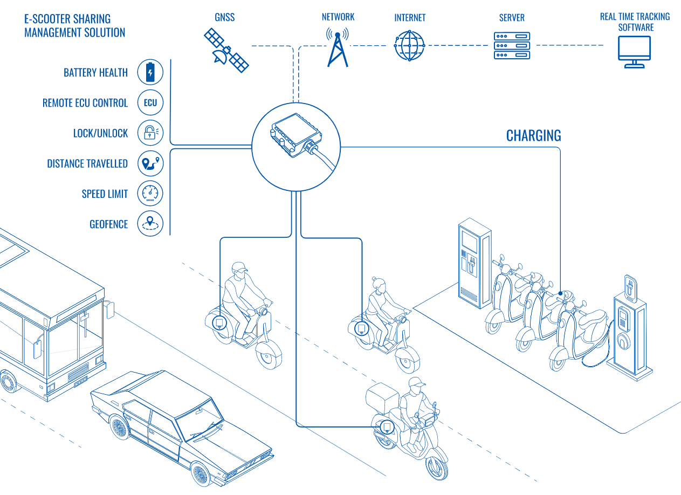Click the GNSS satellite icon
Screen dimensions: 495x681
[x=226, y=50]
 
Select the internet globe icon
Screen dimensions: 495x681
[x=410, y=46]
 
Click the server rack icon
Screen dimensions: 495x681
[x=512, y=46]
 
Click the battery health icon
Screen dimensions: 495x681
[x=150, y=72]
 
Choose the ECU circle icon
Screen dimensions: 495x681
[x=150, y=102]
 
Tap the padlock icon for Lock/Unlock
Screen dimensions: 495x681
[x=150, y=133]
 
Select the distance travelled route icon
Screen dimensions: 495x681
[x=150, y=163]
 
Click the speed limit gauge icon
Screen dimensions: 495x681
[x=150, y=194]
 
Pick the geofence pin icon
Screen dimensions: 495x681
[x=150, y=224]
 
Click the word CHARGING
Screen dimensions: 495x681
[x=533, y=136]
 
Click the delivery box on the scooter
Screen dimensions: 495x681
[x=382, y=397]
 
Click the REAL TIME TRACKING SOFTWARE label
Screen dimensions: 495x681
[x=635, y=22]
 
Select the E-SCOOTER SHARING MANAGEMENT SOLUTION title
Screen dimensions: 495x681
[x=74, y=25]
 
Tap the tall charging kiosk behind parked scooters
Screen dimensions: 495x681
[x=474, y=263]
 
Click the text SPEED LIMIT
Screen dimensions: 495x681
[x=105, y=194]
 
